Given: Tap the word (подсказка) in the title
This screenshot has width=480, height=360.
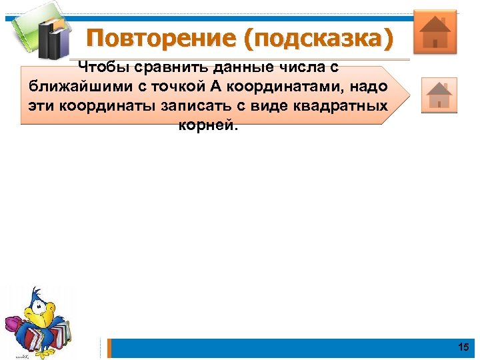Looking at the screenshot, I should (317, 38).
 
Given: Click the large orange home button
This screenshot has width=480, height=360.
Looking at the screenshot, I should (435, 31).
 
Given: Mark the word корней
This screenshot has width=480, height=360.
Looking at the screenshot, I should (207, 126).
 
